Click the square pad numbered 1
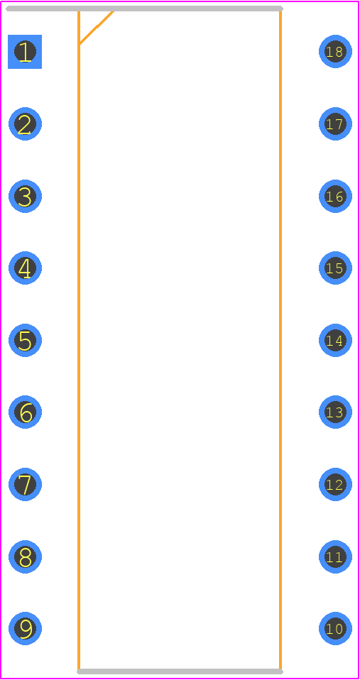(25, 52)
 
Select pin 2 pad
(25, 124)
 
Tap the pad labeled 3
(25, 196)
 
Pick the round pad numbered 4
(25, 268)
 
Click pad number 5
(25, 340)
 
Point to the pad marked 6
(25, 412)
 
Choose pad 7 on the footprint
(25, 484)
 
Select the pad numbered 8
(25, 556)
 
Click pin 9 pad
(25, 628)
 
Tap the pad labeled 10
(335, 628)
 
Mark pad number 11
(335, 556)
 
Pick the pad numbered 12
(335, 484)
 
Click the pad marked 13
(335, 412)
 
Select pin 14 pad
(335, 340)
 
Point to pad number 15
(335, 268)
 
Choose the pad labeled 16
(335, 196)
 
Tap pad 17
(335, 124)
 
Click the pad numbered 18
(335, 52)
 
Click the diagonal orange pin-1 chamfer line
(97, 27)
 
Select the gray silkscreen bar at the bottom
(180, 671)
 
